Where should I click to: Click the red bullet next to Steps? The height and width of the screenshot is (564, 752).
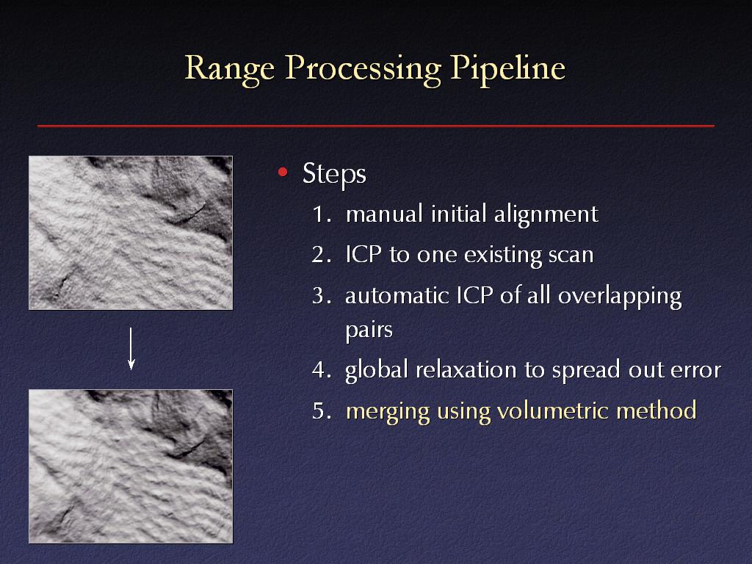(283, 172)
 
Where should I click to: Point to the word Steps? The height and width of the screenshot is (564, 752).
(334, 173)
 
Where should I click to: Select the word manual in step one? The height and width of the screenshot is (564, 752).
(384, 214)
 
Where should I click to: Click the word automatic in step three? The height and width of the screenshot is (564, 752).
(397, 296)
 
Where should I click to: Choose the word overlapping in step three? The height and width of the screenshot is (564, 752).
(620, 297)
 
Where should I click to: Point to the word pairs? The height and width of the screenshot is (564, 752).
(369, 330)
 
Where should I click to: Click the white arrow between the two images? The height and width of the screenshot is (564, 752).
(131, 349)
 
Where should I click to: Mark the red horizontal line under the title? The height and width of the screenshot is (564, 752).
(376, 126)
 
